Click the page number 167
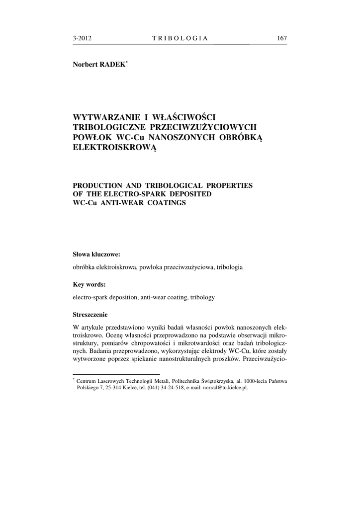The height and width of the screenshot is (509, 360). (281, 38)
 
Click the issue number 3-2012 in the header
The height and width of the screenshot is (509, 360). (82, 38)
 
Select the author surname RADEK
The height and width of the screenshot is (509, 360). (114, 65)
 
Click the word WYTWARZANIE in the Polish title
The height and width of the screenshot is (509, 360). (103, 117)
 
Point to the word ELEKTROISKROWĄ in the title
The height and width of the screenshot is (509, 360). (115, 147)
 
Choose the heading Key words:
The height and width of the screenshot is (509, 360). (89, 285)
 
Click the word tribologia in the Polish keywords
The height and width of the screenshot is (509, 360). (229, 267)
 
